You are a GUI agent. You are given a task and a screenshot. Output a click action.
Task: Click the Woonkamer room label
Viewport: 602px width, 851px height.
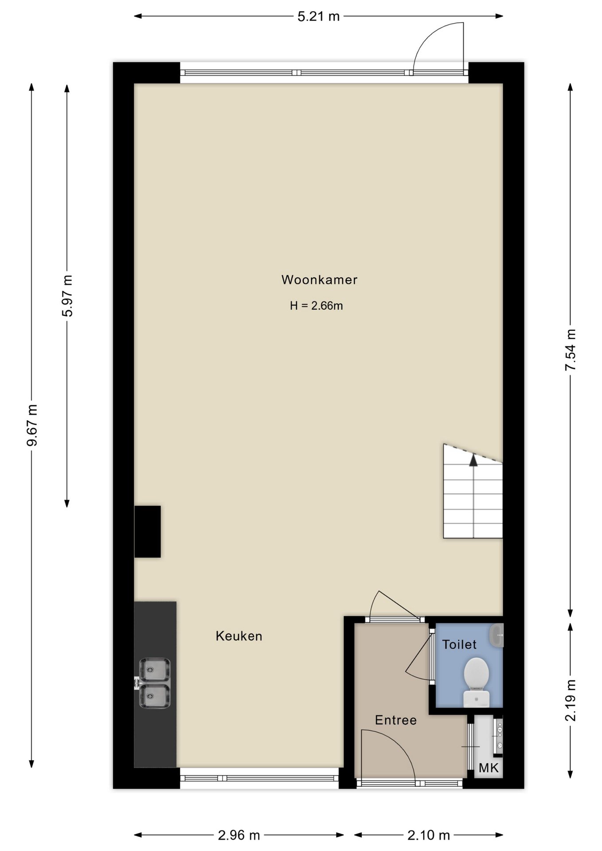click(x=319, y=280)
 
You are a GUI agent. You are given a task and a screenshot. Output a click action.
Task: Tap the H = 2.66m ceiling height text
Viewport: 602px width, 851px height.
click(x=317, y=306)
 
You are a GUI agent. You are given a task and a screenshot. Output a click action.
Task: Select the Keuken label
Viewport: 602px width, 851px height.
click(x=239, y=636)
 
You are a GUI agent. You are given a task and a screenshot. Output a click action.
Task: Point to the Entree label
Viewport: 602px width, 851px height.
click(x=396, y=720)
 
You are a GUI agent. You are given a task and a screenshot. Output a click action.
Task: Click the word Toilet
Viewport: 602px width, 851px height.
click(x=459, y=644)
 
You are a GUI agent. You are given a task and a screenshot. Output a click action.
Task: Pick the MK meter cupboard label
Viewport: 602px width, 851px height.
click(x=489, y=768)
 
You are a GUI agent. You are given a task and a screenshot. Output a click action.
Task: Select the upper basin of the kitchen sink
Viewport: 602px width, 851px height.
click(x=154, y=670)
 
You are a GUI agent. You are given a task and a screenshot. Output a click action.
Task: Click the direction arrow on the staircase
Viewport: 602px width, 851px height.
click(x=473, y=461)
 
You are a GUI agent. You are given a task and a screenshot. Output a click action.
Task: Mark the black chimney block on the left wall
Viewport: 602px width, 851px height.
click(x=148, y=531)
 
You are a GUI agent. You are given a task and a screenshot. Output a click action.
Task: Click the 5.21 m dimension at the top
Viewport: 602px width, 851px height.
click(x=318, y=16)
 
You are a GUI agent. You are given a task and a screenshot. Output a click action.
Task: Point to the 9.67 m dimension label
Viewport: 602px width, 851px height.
click(x=31, y=425)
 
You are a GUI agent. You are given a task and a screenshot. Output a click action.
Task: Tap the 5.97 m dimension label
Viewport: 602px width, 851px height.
click(x=67, y=296)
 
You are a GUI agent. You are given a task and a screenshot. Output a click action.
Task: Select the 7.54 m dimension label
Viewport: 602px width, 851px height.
click(x=571, y=350)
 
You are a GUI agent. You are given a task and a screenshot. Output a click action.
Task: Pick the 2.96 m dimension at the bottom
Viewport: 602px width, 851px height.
click(x=239, y=835)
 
